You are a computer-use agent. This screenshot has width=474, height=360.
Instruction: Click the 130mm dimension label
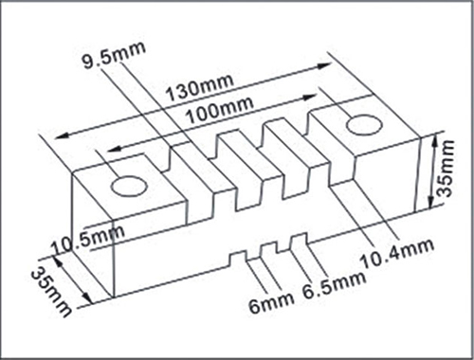click(x=200, y=88)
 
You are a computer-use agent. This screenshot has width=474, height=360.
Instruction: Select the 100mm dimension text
click(x=219, y=110)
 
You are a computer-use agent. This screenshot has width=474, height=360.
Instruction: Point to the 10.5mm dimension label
click(x=87, y=239)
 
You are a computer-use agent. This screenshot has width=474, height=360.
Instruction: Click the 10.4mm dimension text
click(x=396, y=255)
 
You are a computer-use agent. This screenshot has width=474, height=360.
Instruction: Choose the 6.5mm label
click(x=334, y=285)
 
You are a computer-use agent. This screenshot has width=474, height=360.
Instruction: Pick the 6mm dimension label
click(x=271, y=302)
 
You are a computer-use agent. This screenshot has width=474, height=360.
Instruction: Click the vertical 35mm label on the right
click(x=447, y=169)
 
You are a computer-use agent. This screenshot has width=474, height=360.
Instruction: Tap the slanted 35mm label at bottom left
click(x=50, y=291)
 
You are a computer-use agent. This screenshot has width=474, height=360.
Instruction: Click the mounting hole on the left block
click(x=129, y=186)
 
